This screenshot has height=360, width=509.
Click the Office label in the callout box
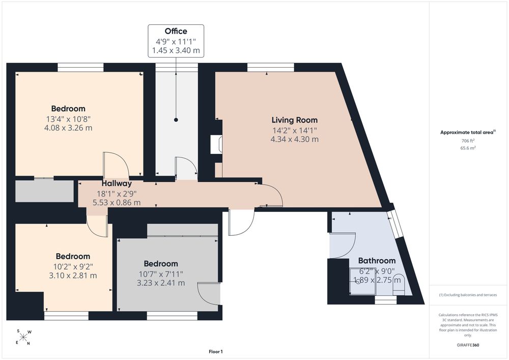tap(176, 31)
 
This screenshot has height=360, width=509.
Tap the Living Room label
tap(294, 120)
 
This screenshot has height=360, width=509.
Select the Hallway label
tap(117, 183)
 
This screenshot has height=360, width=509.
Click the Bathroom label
tap(377, 261)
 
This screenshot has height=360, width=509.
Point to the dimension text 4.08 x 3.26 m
tap(68, 128)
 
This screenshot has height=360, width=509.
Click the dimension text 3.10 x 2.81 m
tap(73, 275)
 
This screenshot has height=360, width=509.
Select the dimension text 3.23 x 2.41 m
tap(161, 283)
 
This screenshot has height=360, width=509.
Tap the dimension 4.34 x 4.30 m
tap(294, 139)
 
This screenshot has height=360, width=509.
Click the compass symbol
tap(23, 337)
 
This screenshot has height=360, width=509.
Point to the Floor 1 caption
tap(216, 351)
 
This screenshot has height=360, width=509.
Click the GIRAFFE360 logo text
tap(468, 345)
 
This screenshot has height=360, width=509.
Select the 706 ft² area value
tap(468, 141)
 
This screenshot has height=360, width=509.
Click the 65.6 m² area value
tap(468, 148)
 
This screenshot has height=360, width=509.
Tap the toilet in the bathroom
tap(398, 284)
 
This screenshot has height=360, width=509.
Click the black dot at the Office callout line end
tap(176, 120)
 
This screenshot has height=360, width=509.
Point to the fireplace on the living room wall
tap(216, 144)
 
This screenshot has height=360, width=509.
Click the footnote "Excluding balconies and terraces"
tap(468, 295)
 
